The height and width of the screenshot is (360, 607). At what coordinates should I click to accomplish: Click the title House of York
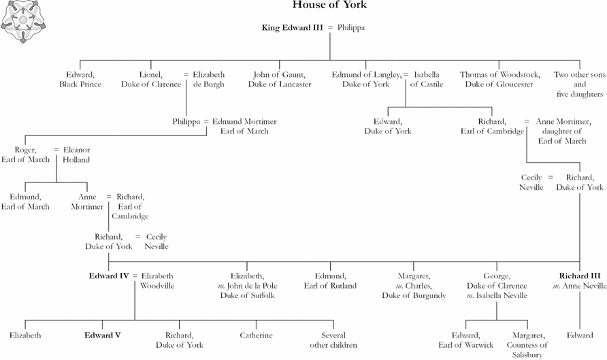(329, 5)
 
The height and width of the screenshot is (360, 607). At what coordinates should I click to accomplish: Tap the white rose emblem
(23, 21)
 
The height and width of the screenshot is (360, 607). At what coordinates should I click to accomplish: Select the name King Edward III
(293, 27)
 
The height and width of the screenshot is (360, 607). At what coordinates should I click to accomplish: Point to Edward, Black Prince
(80, 80)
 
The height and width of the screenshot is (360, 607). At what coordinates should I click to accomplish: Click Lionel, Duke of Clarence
(151, 80)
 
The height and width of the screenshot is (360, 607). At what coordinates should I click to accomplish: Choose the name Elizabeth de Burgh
(209, 80)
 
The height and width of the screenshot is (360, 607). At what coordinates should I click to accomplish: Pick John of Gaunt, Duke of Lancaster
(280, 80)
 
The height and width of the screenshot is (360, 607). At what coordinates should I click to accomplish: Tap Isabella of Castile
(427, 80)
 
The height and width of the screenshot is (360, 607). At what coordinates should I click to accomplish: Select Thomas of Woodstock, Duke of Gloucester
(499, 80)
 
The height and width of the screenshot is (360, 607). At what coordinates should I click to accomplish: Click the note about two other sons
(580, 84)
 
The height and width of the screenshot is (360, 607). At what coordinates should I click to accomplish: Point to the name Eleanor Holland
(76, 154)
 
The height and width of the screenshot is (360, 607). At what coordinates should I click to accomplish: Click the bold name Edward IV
(109, 276)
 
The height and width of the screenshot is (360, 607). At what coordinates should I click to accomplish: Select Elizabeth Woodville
(157, 281)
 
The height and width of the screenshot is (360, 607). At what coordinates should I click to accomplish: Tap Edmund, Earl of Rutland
(330, 281)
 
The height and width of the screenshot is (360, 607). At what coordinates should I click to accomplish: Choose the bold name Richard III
(580, 276)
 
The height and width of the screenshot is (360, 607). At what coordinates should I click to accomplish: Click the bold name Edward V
(103, 336)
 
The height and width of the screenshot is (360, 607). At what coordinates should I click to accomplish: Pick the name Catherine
(256, 336)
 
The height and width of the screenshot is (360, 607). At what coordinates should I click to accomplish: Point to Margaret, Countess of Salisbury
(527, 345)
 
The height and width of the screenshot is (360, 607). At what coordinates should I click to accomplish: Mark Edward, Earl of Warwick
(465, 340)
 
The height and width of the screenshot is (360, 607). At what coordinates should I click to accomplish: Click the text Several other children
(333, 340)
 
